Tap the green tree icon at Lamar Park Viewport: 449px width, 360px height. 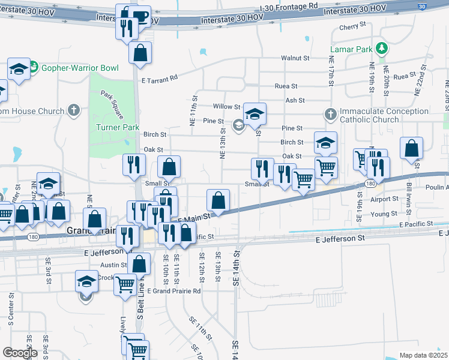click(x=381, y=48)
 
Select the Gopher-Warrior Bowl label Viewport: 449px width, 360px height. click(x=79, y=67)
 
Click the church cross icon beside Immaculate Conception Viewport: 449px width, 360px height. click(x=330, y=113)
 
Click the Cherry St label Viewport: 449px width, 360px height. click(x=352, y=27)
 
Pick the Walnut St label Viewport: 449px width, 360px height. click(x=295, y=58)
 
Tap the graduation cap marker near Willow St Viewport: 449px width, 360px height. click(x=255, y=114)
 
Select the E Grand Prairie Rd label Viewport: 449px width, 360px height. click(x=173, y=291)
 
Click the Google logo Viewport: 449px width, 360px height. click(x=19, y=353)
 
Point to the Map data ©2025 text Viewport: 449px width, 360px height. click(x=423, y=355)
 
